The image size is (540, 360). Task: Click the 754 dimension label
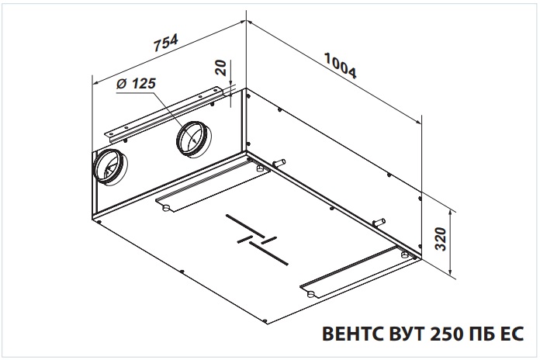click(x=166, y=43)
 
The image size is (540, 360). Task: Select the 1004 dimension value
click(x=341, y=65)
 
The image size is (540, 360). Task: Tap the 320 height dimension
click(x=441, y=239)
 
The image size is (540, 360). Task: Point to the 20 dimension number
click(x=220, y=67)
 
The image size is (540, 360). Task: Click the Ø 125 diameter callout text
click(x=136, y=84)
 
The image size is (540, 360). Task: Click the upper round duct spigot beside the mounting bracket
click(x=193, y=139)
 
